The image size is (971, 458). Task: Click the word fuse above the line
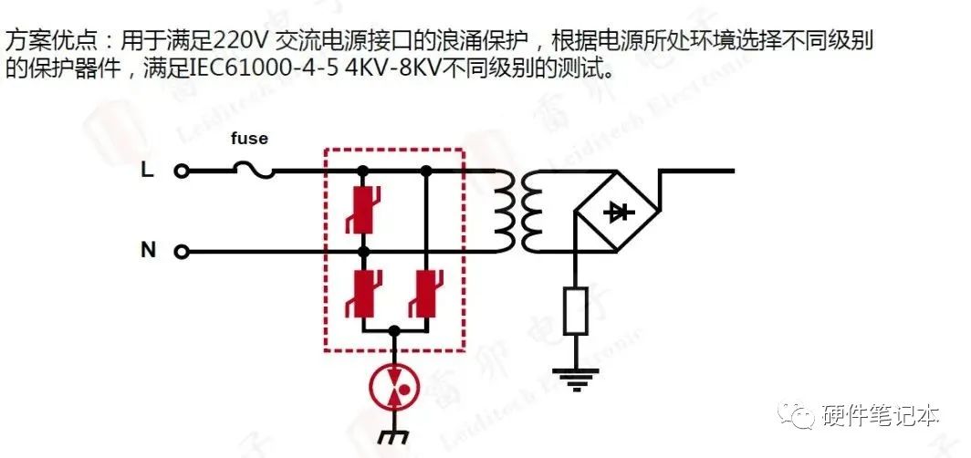tap(248, 138)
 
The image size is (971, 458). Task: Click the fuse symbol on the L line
tap(253, 170)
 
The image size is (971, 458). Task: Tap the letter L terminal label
tap(147, 170)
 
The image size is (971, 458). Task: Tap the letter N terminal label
tap(148, 250)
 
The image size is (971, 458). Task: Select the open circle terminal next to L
tap(181, 171)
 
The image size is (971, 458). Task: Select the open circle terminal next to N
tap(181, 251)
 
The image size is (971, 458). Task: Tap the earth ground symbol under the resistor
tap(574, 377)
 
